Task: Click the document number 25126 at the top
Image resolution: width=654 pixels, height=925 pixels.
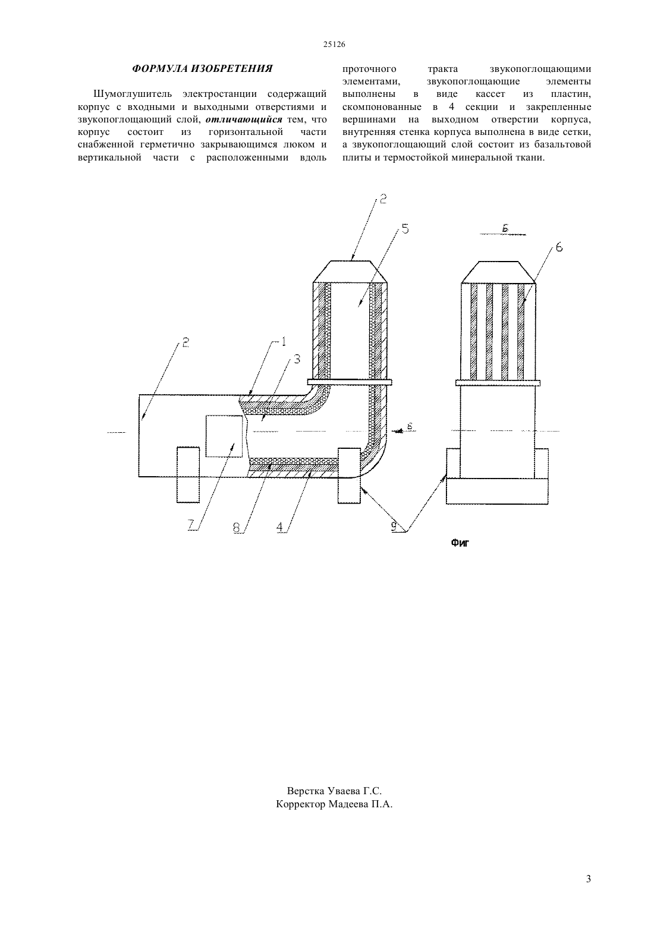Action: (x=334, y=45)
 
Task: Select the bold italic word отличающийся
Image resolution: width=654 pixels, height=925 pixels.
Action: (x=244, y=119)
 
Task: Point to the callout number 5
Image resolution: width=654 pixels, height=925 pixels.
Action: (x=405, y=229)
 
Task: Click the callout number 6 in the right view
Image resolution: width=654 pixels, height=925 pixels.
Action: (x=559, y=247)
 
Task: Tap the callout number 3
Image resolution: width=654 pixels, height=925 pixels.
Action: (x=297, y=359)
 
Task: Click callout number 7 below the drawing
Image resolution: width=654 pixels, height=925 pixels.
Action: (x=191, y=525)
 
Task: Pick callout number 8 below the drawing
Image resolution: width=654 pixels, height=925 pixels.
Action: (x=236, y=527)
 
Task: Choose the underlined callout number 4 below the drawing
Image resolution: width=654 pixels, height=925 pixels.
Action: (x=280, y=527)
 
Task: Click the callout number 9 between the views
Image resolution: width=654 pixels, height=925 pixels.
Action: (x=394, y=526)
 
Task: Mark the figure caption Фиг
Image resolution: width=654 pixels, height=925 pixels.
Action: (x=460, y=543)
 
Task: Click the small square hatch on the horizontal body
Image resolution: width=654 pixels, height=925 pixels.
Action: (x=224, y=436)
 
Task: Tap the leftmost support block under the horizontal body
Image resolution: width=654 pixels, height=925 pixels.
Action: (x=188, y=475)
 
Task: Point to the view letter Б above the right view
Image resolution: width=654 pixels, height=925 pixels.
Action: (x=505, y=228)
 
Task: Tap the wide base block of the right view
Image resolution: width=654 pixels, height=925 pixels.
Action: (x=497, y=491)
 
